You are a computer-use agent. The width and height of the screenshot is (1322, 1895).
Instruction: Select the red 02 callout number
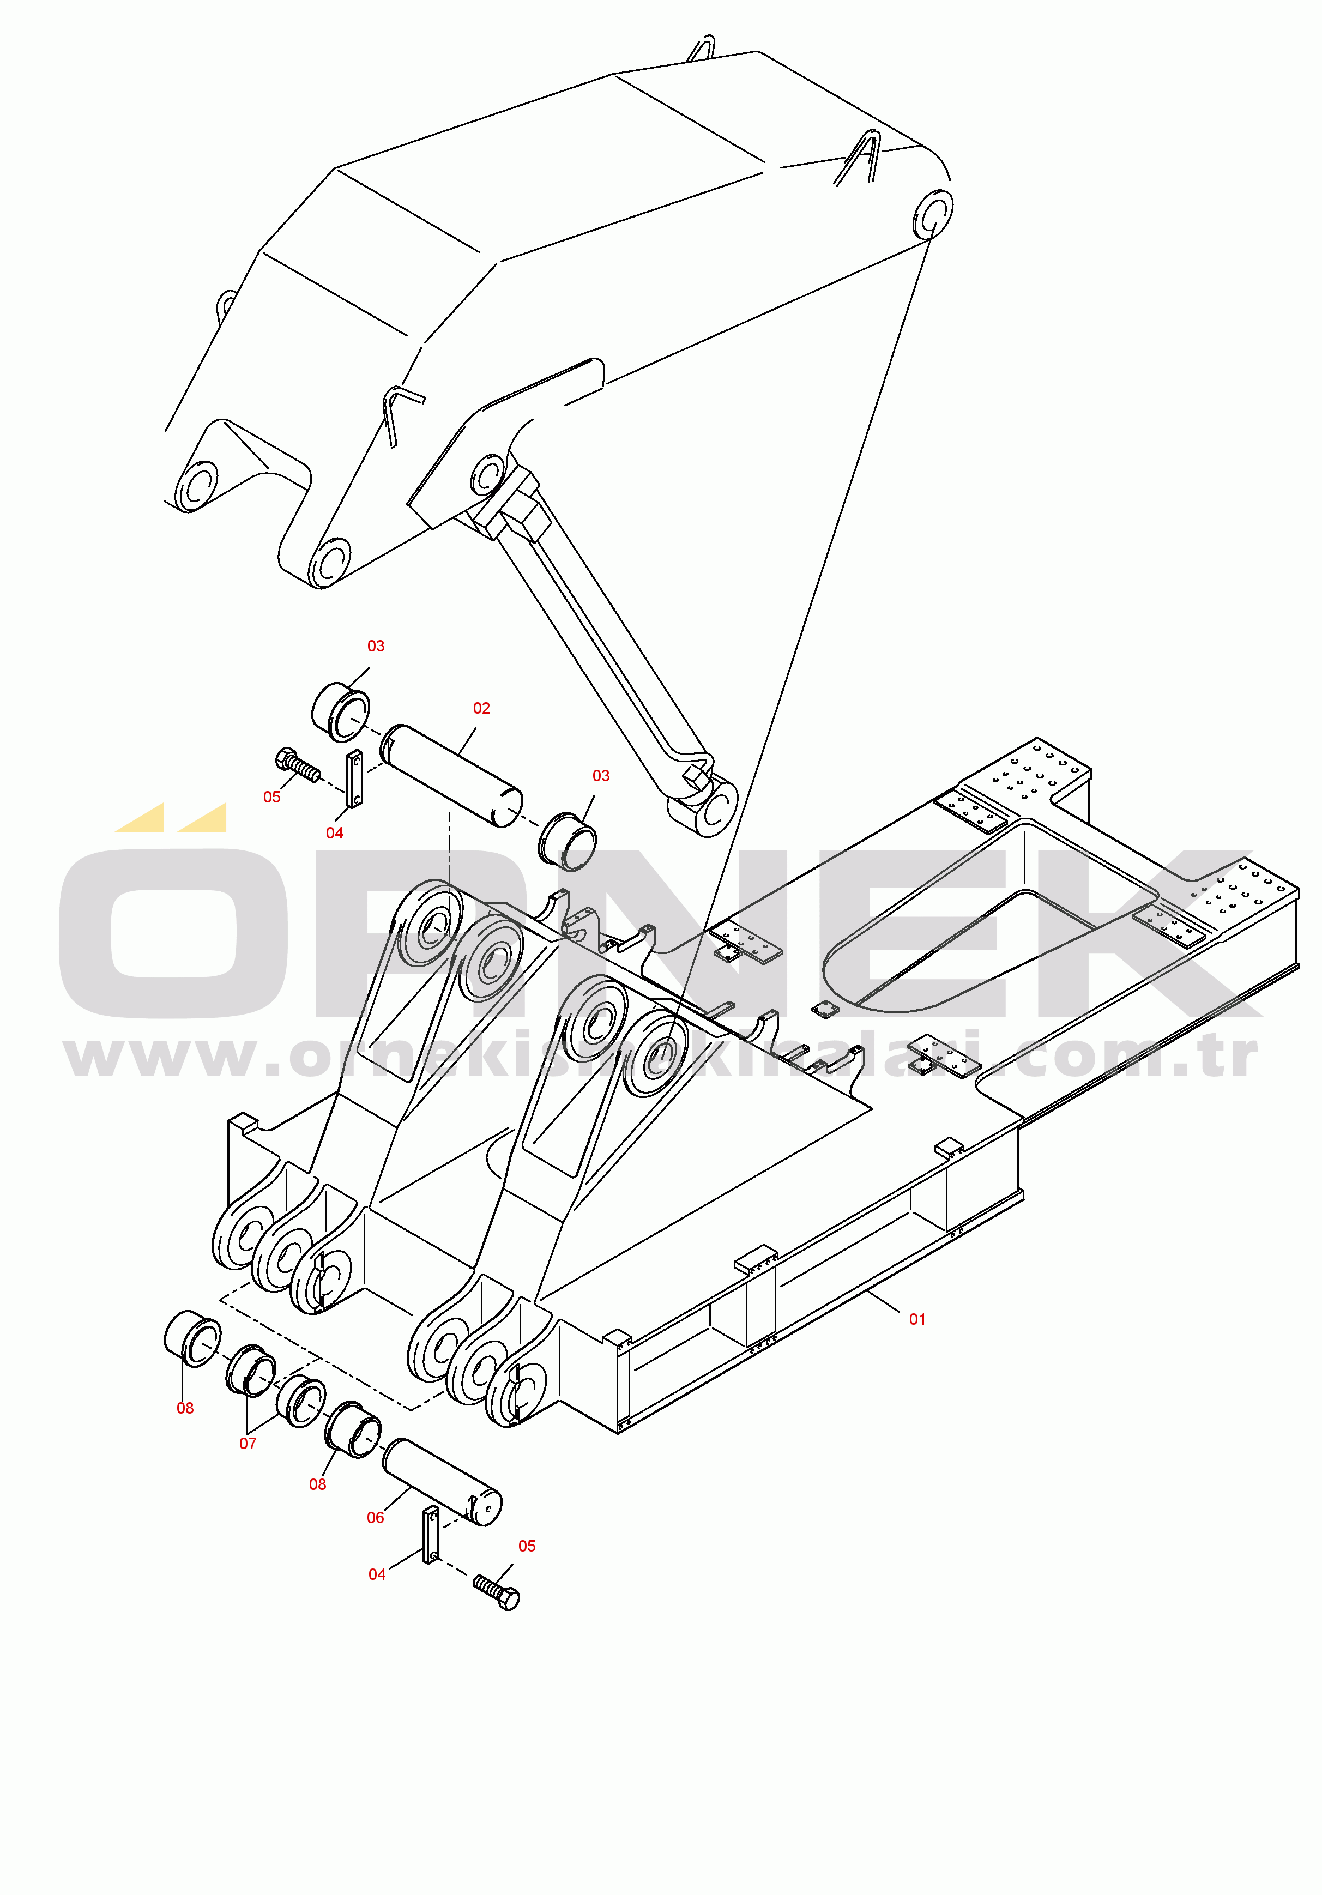coord(481,708)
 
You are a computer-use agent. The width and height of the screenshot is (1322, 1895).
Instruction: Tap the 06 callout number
coord(376,1518)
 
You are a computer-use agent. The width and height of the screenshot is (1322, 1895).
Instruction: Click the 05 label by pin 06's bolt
coord(527,1546)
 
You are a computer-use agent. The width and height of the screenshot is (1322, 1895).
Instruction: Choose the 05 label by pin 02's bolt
coord(271,796)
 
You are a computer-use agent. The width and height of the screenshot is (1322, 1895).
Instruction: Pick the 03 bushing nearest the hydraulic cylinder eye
coord(568,841)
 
